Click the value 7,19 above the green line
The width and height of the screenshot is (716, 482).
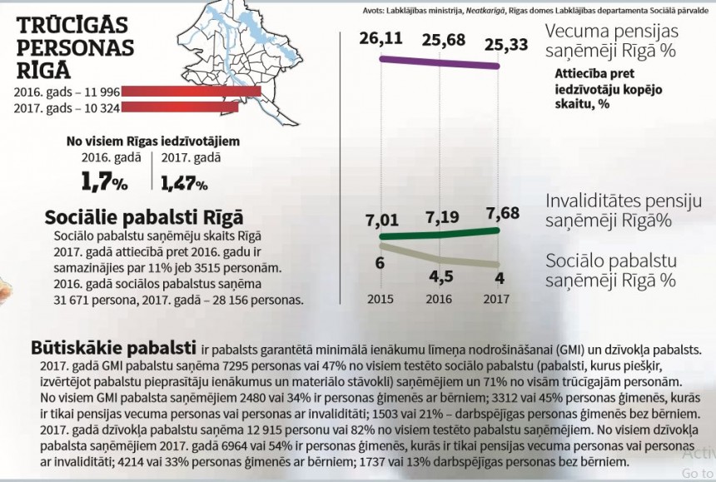coord(443,217)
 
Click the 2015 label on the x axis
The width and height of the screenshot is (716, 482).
coord(380,298)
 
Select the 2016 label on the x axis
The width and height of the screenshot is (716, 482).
coord(439,298)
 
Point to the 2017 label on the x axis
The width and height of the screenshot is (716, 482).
coord(497,298)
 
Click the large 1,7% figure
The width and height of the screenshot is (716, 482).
coord(103,181)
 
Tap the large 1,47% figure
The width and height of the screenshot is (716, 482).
coord(184,181)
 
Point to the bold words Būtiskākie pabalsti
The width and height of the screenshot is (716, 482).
coord(113,345)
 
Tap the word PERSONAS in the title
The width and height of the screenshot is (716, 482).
coord(74,47)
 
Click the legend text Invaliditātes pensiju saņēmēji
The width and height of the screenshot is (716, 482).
coord(624,211)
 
